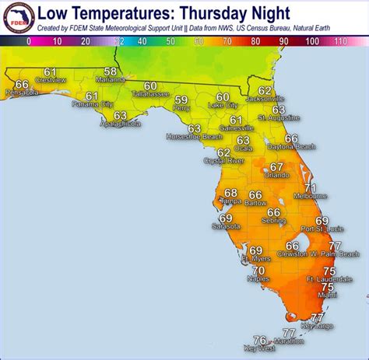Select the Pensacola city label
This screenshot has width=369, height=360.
pyautogui.click(x=22, y=93)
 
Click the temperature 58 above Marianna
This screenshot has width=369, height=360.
pyautogui.click(x=111, y=72)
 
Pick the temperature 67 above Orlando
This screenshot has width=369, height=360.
pyautogui.click(x=276, y=166)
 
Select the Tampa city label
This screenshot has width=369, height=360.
pyautogui.click(x=230, y=201)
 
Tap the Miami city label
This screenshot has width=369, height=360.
pyautogui.click(x=328, y=295)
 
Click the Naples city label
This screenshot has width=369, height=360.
pyautogui.click(x=258, y=278)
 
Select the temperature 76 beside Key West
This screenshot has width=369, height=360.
pyautogui.click(x=260, y=340)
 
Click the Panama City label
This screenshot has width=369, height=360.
pyautogui.click(x=92, y=103)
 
